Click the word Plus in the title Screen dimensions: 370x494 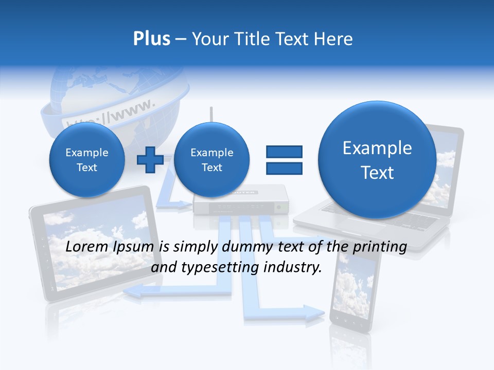coord(151,39)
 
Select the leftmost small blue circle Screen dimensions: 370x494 coord(86,159)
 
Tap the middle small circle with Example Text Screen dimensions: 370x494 coord(211,159)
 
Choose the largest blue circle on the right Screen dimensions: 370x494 coord(377,160)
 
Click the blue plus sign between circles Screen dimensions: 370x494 coord(150,159)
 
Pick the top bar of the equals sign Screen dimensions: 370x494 coord(284,152)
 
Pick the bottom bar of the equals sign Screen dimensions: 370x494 coord(284,168)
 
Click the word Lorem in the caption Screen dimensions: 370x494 coord(84,247)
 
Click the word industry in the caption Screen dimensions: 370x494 coord(292,268)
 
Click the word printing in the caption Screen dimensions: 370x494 coord(380,247)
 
